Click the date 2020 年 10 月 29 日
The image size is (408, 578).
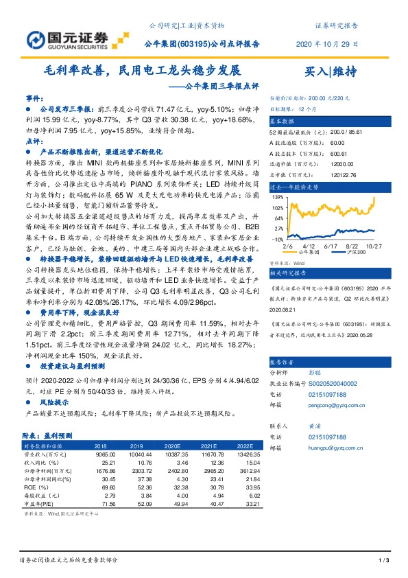(326, 43)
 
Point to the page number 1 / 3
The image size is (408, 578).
(384, 562)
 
